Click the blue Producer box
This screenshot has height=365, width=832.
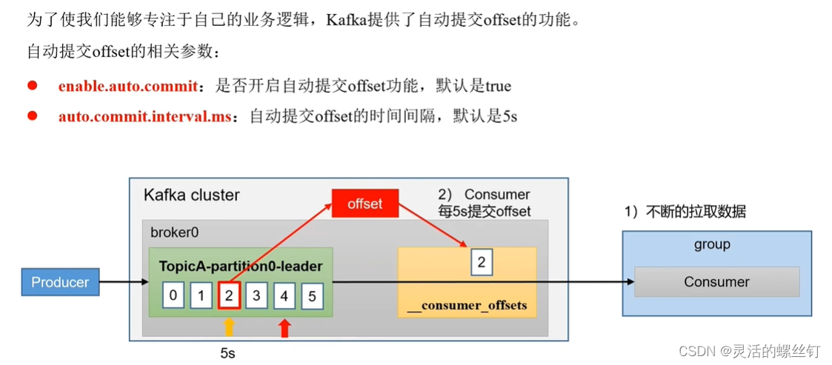pos(60,282)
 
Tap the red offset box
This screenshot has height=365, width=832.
pos(365,204)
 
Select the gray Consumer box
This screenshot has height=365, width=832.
pos(716,282)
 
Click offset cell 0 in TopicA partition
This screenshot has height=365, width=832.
pos(173,296)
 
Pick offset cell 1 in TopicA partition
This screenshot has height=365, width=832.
pos(201,296)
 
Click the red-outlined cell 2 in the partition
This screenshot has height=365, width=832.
pos(229,296)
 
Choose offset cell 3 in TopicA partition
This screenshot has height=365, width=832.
pos(256,296)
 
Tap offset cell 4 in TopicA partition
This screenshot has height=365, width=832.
pos(284,296)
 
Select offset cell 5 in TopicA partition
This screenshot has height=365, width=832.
pos(311,296)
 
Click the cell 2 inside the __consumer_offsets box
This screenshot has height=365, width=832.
pos(482,262)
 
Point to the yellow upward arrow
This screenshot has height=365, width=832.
pos(229,327)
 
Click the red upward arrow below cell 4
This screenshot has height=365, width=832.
pos(284,327)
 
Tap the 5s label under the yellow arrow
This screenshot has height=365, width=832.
pos(227,353)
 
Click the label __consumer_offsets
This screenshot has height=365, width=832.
pos(467,305)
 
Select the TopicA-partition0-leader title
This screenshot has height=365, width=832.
pos(241,266)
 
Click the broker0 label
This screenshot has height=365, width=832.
pos(174,232)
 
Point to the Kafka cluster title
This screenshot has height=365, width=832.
pos(191,195)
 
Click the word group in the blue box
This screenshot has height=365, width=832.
pos(712,244)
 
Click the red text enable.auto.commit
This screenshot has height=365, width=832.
pos(127,86)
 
